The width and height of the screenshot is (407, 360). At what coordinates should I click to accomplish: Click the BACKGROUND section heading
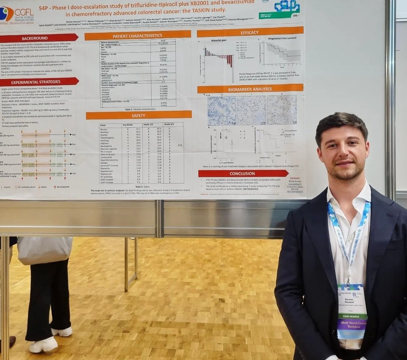coord(35,38)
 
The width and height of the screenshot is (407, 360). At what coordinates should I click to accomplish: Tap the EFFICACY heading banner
coord(249,33)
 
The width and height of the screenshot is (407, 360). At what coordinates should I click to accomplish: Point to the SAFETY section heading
coord(138,115)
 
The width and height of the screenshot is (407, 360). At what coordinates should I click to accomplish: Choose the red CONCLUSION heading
coord(242,174)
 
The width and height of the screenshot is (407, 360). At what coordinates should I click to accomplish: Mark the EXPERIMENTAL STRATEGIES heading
coord(36,82)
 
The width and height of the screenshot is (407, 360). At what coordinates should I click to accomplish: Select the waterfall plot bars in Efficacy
coord(219,57)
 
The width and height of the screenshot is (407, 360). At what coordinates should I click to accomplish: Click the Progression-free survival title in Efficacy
coord(282,38)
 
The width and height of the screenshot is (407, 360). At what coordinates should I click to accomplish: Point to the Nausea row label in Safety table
coord(104,129)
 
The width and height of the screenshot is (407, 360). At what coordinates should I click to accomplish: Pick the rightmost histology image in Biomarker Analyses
coord(282,110)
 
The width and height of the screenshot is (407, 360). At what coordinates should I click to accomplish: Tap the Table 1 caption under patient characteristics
coord(137,109)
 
